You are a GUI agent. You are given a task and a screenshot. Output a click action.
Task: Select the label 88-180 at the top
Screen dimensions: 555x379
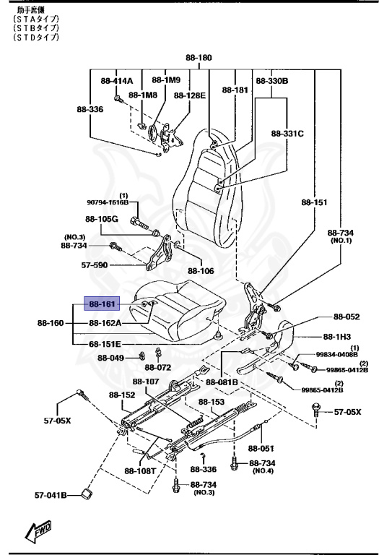click(x=199, y=57)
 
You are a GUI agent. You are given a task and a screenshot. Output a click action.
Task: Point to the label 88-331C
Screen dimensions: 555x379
click(x=287, y=134)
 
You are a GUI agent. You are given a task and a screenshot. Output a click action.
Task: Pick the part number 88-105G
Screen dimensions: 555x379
click(x=101, y=218)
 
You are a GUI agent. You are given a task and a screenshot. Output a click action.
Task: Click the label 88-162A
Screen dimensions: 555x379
click(x=105, y=323)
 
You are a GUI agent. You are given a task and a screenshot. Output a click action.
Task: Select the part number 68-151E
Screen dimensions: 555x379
click(x=105, y=343)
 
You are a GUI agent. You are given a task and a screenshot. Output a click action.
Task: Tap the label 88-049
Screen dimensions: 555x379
click(x=111, y=358)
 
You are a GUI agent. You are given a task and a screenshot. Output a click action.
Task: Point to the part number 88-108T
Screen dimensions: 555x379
click(x=140, y=470)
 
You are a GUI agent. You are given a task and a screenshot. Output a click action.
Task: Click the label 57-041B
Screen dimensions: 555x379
click(x=51, y=495)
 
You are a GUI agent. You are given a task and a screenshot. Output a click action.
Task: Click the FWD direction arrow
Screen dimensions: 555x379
click(x=36, y=533)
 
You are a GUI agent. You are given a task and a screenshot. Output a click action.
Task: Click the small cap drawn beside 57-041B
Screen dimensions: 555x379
click(x=87, y=494)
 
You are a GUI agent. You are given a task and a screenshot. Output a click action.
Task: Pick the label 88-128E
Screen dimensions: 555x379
click(x=190, y=95)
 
